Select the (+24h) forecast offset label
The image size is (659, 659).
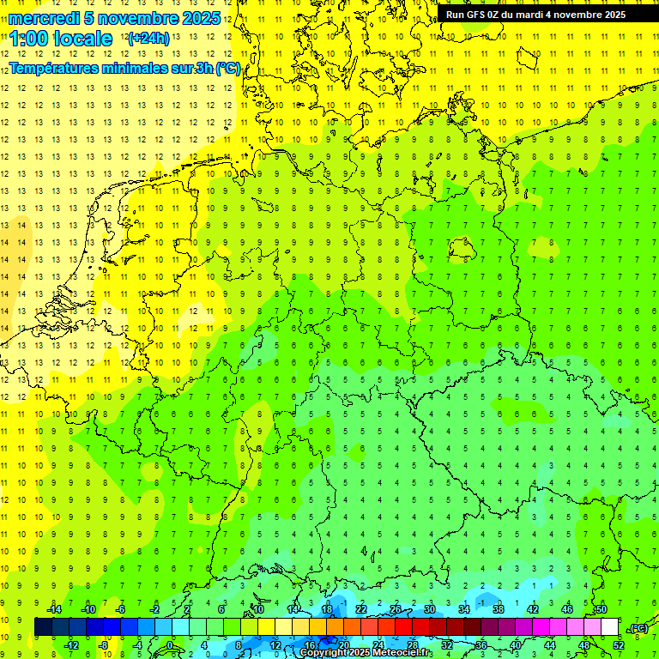pyautogui.click(x=148, y=39)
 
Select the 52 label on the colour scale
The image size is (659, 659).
pyautogui.click(x=619, y=644)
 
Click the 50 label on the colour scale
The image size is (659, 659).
pyautogui.click(x=602, y=609)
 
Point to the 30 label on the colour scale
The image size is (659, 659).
pyautogui.click(x=430, y=609)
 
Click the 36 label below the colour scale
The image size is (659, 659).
pyautogui.click(x=481, y=644)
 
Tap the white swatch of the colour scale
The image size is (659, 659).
pyautogui.click(x=610, y=627)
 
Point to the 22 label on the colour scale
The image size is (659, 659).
pyautogui.click(x=361, y=609)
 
